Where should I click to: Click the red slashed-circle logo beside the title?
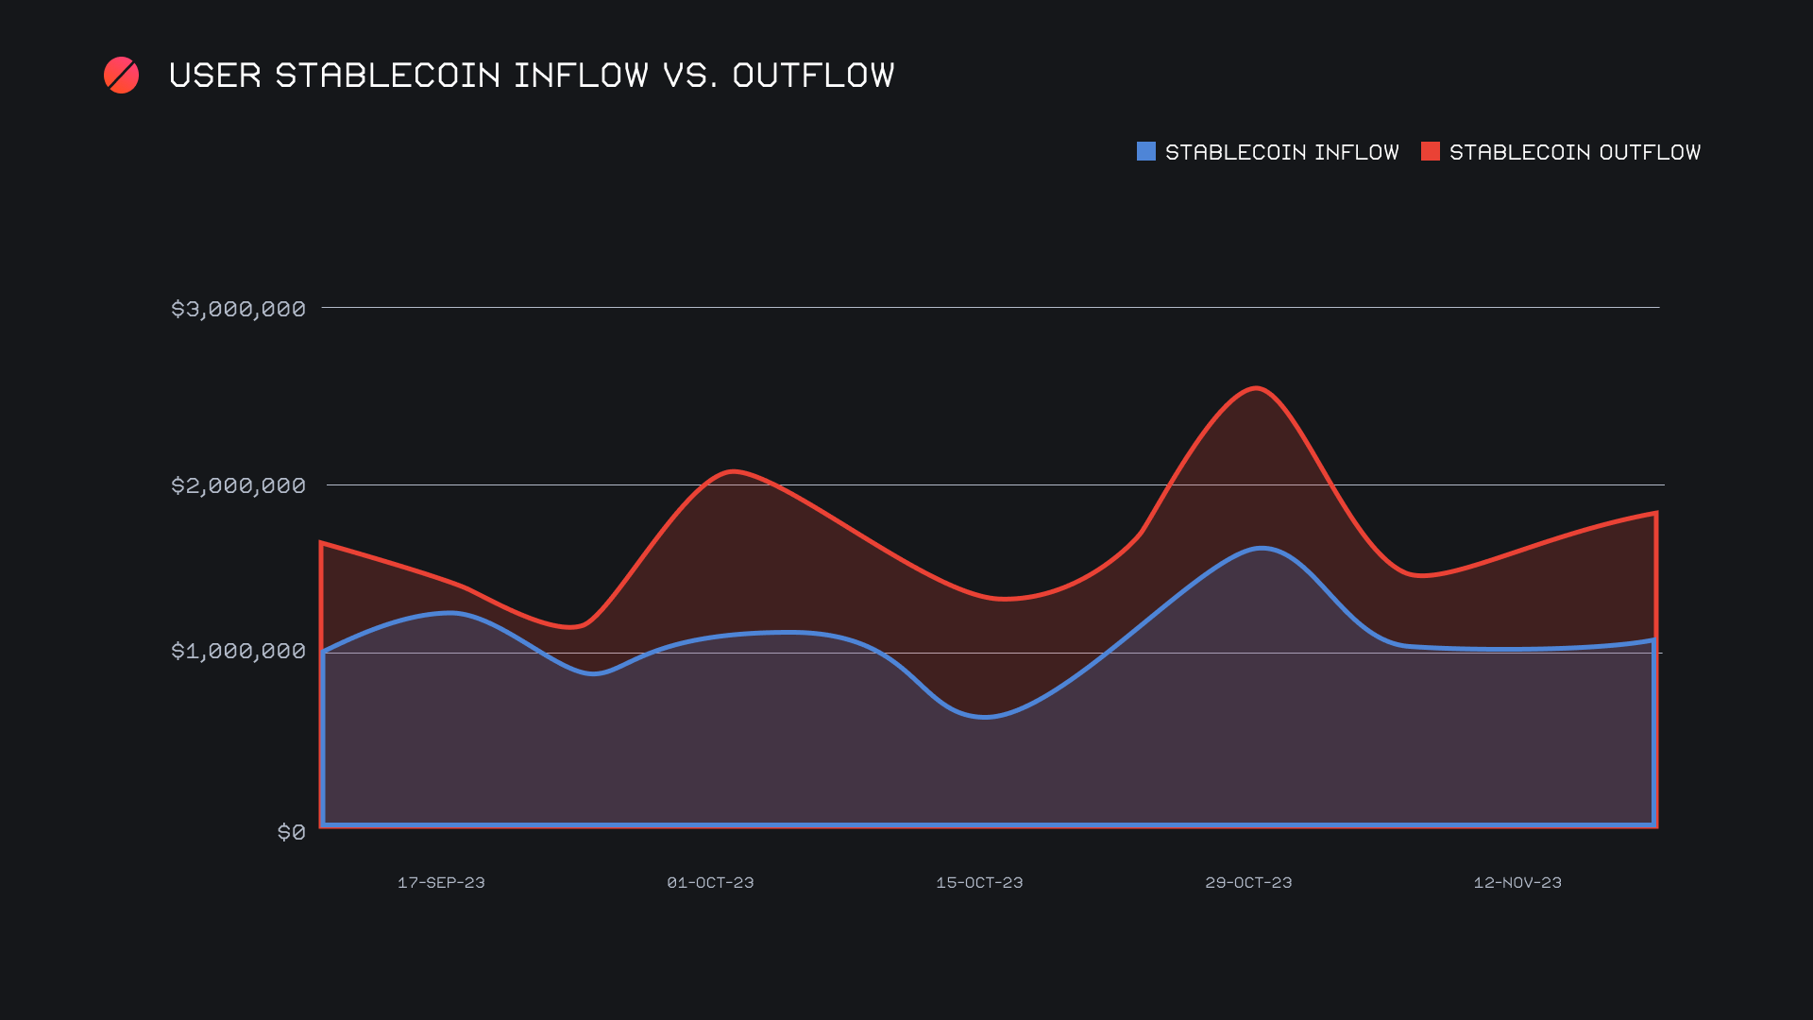click(x=121, y=76)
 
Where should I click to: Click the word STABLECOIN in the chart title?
click(x=388, y=76)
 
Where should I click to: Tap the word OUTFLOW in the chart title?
click(x=813, y=76)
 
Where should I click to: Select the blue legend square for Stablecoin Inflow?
click(x=1145, y=151)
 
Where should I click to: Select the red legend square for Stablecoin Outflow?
click(x=1430, y=151)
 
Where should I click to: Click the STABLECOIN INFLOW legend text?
click(x=1281, y=152)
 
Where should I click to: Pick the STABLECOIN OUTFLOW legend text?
click(x=1574, y=152)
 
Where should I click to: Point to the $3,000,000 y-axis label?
click(x=238, y=309)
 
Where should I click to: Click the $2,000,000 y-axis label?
click(x=238, y=485)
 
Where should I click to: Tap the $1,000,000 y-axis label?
click(x=238, y=651)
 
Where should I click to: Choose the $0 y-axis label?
click(x=291, y=832)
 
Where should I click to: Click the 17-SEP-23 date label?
click(x=441, y=882)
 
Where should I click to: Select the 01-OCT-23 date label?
click(x=710, y=882)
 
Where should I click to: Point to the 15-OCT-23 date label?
click(x=979, y=882)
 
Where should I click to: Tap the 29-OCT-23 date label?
click(x=1248, y=882)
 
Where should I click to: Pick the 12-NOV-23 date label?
click(x=1517, y=882)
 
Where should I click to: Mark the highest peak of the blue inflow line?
click(x=1262, y=548)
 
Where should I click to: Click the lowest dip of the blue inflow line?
click(x=984, y=717)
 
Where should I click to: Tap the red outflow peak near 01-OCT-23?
click(x=733, y=470)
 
